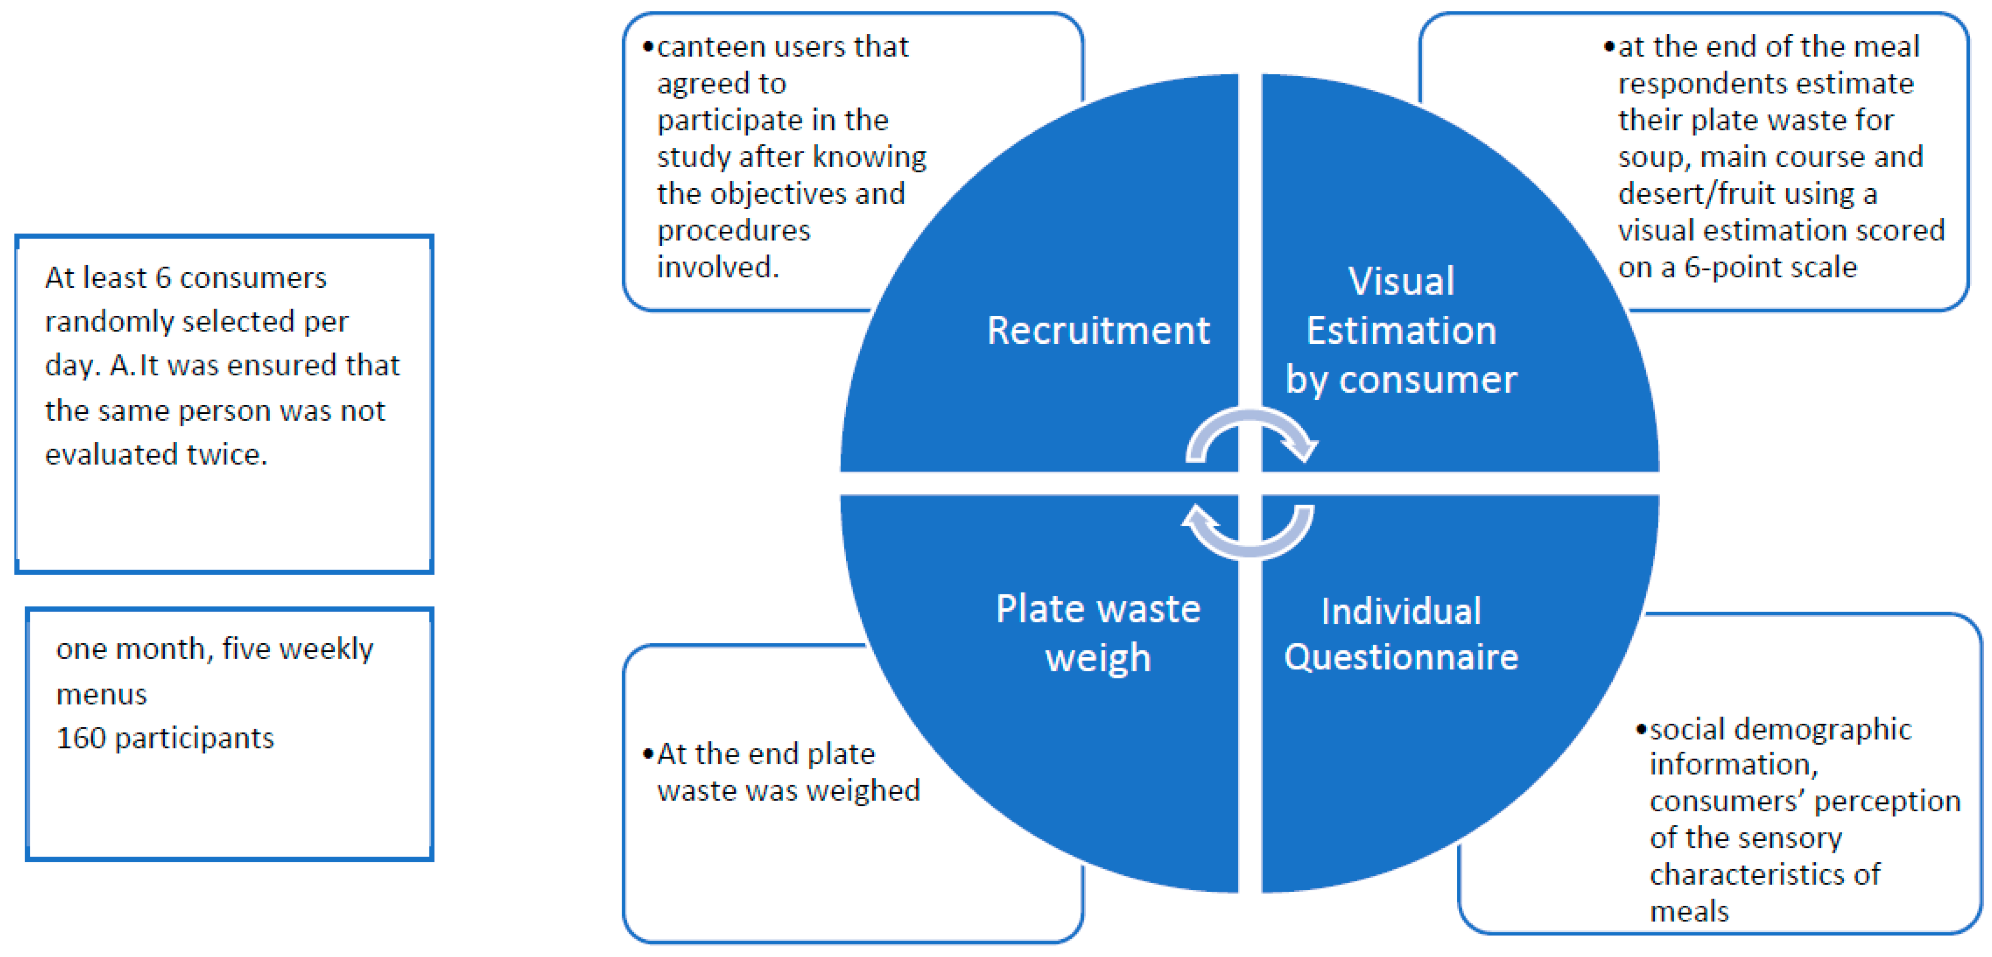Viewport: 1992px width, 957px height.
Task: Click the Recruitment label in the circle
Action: click(1097, 331)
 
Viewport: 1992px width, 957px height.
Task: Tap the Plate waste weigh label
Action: click(1097, 633)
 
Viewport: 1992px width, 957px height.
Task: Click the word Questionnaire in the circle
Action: click(1401, 657)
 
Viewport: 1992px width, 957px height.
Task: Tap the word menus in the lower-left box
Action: click(101, 694)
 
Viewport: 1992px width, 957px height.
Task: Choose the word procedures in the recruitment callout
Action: click(733, 230)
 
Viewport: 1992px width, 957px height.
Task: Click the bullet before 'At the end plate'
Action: click(648, 754)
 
